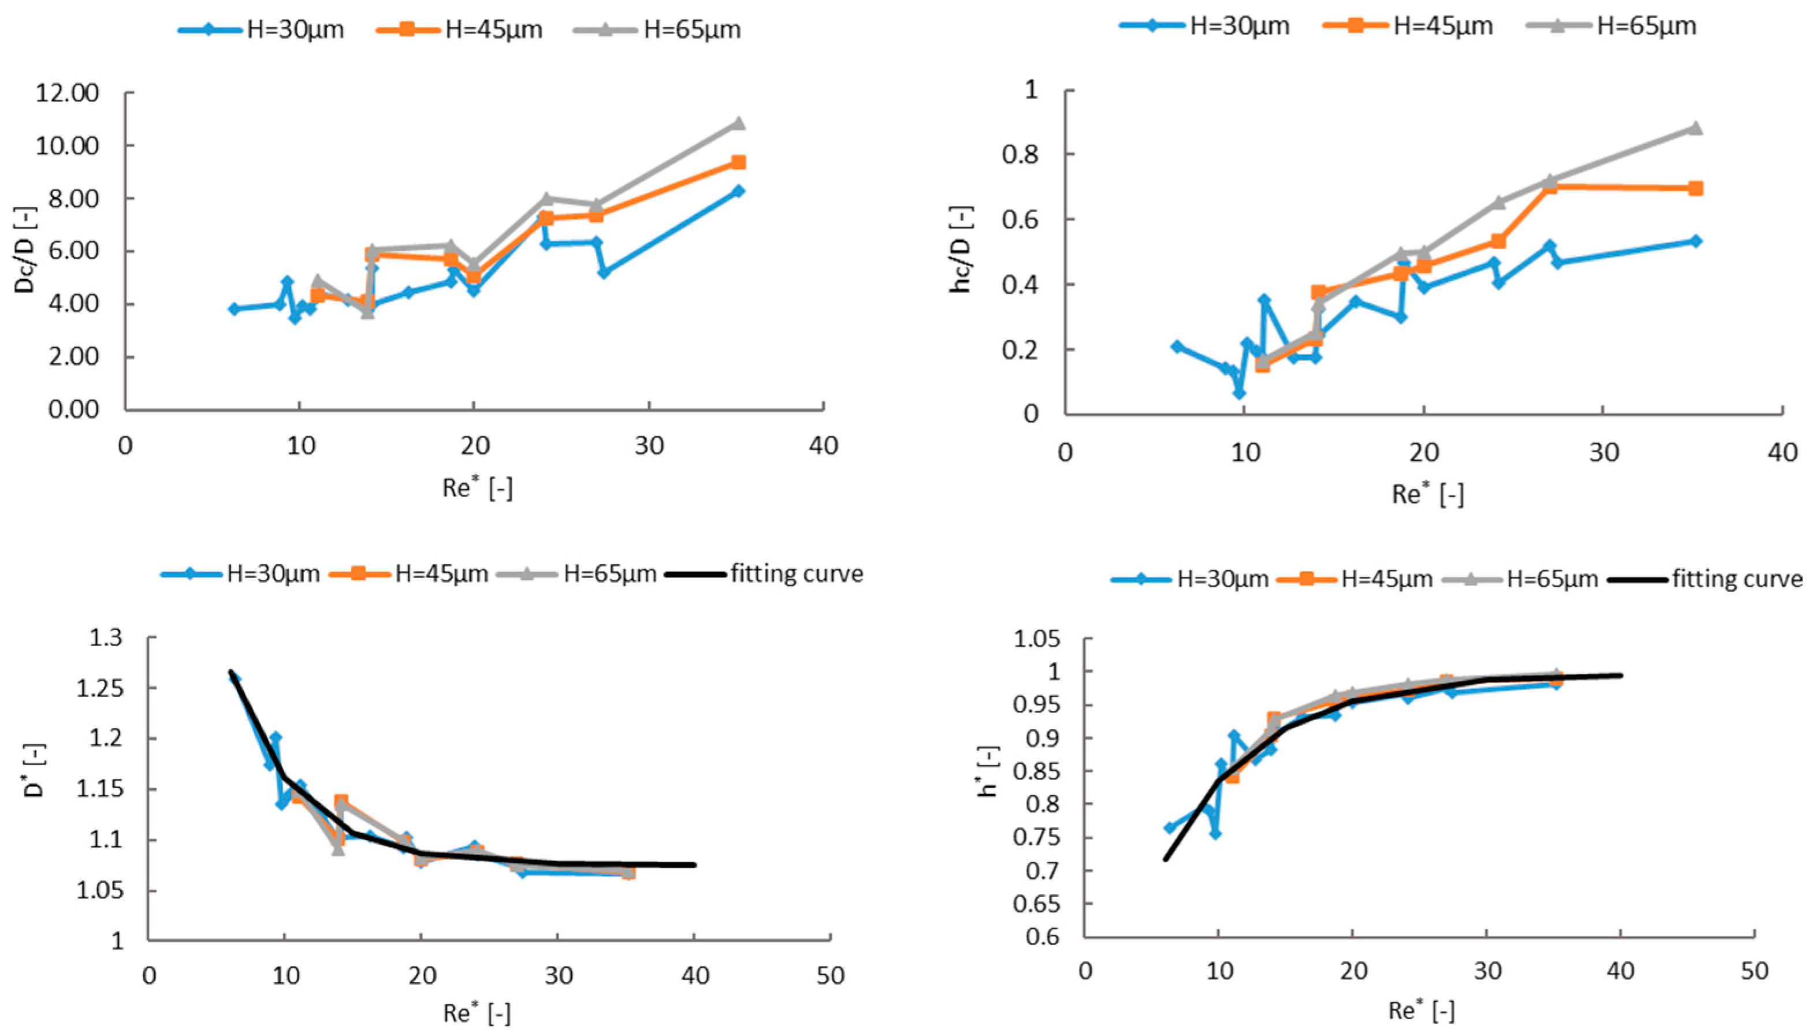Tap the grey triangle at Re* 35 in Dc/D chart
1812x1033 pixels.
(738, 124)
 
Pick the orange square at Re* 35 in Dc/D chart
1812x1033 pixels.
(738, 162)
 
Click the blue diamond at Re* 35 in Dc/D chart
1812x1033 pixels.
(738, 191)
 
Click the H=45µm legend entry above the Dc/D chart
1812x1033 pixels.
(493, 30)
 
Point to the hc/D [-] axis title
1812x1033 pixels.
(962, 251)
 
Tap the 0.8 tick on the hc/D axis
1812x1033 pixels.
(1021, 155)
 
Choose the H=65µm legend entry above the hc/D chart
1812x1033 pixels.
(1646, 26)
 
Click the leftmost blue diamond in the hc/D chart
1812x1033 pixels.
(1177, 346)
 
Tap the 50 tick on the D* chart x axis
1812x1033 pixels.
(829, 976)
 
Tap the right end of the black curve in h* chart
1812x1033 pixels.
(1620, 676)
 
